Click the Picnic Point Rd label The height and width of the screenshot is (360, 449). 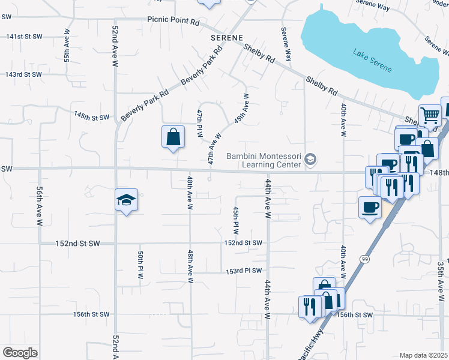pyautogui.click(x=173, y=20)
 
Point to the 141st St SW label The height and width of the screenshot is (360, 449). pyautogui.click(x=24, y=37)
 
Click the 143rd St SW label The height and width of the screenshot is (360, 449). pyautogui.click(x=24, y=74)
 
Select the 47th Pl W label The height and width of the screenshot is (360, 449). pyautogui.click(x=199, y=124)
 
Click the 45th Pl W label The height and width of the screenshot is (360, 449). pyautogui.click(x=236, y=220)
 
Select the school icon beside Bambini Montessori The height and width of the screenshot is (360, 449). pyautogui.click(x=310, y=159)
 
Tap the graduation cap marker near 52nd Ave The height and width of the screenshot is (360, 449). pyautogui.click(x=127, y=199)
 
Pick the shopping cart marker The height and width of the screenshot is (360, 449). pyautogui.click(x=429, y=115)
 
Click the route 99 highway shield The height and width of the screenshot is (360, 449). pyautogui.click(x=364, y=259)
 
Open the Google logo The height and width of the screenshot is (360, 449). pyautogui.click(x=20, y=352)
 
